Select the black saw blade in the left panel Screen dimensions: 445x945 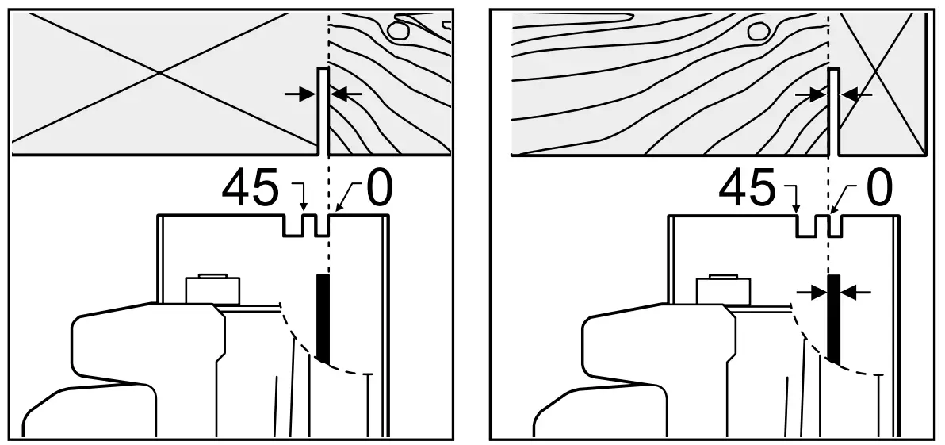click(322, 318)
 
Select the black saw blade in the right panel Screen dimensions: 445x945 click(833, 318)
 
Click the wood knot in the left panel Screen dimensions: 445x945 click(397, 31)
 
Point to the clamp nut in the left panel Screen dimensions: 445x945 click(212, 289)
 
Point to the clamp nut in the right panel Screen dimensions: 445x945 click(724, 289)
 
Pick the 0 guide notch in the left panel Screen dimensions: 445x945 click(322, 225)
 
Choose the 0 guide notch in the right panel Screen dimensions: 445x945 click(834, 225)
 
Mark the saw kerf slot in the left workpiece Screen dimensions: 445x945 click(323, 111)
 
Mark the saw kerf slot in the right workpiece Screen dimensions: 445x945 click(834, 111)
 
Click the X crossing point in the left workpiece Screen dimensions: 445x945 click(161, 73)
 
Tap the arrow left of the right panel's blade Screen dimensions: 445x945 click(810, 293)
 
